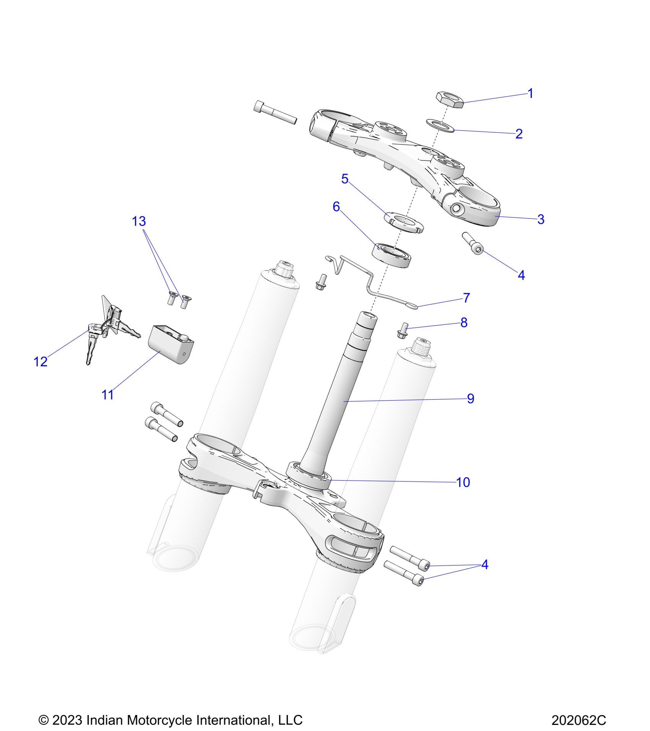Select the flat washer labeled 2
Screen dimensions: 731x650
click(440, 125)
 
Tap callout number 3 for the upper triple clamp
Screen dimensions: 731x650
click(540, 219)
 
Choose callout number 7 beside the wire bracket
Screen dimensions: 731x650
click(466, 298)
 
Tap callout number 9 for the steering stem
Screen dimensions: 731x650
click(471, 398)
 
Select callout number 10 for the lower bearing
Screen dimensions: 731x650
click(463, 482)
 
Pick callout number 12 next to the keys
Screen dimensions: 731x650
click(41, 361)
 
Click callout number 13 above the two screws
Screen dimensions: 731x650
click(139, 221)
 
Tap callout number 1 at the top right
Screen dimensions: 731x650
click(530, 93)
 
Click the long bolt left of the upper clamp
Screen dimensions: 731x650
click(275, 112)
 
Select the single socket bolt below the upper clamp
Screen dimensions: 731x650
click(474, 243)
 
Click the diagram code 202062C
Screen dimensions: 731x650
click(578, 720)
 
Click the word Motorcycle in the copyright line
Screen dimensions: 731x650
click(158, 720)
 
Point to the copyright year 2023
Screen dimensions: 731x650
click(67, 720)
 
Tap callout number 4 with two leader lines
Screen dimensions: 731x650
click(485, 564)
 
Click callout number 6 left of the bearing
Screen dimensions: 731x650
click(336, 207)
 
